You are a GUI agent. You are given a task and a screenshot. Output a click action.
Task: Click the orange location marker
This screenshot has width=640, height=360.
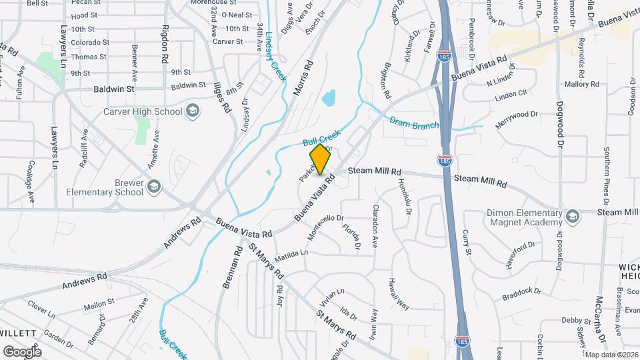(320, 159)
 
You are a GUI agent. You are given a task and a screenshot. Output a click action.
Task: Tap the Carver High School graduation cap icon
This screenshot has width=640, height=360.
(193, 111)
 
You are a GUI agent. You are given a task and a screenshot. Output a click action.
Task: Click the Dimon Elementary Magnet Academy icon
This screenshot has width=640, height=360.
(571, 217)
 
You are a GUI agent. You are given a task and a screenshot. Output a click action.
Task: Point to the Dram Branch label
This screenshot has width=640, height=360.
(414, 121)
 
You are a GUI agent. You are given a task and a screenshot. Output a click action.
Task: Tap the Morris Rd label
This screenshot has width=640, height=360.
(303, 79)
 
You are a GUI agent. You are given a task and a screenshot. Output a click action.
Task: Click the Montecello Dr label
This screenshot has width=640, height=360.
(325, 227)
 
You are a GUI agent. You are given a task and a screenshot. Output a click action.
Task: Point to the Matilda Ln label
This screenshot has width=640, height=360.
(293, 253)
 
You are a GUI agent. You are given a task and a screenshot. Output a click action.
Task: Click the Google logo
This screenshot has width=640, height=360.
(22, 351)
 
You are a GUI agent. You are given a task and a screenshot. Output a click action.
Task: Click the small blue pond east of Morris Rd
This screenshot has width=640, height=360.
(329, 99)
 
